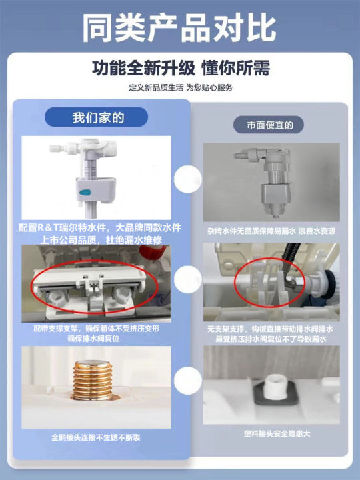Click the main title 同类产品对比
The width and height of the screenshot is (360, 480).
tap(180, 29)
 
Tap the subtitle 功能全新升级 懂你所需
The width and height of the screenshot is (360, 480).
tap(180, 69)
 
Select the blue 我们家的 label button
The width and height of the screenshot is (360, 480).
tap(99, 118)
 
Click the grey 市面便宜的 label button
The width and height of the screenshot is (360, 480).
tap(270, 125)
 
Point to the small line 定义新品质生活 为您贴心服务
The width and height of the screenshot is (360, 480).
tap(180, 87)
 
